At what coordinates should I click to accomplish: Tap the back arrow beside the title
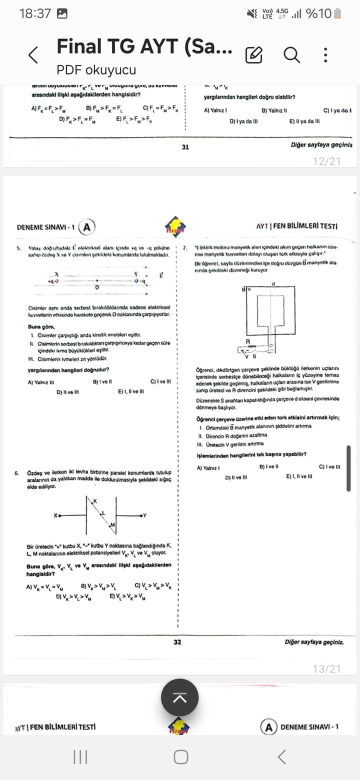pos(33,55)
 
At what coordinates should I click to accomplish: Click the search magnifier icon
pos(291,54)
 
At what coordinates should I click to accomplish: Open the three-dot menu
pos(325,54)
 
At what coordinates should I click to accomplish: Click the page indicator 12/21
pos(326,161)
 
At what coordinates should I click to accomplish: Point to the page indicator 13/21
pos(326,668)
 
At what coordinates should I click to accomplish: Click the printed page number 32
pos(177,642)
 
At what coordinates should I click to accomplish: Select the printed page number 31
pos(185,147)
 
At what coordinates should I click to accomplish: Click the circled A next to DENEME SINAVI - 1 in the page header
pos(87,227)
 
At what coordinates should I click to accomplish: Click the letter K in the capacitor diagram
pos(94,500)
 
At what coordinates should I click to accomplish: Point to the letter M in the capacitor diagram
pos(112,524)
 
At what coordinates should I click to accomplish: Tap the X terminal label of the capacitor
pos(56,515)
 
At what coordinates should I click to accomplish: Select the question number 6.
pos(17,472)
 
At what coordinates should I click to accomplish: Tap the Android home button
pos(180,757)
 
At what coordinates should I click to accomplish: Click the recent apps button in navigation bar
pos(80,757)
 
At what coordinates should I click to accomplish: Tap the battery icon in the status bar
pos(338,13)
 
